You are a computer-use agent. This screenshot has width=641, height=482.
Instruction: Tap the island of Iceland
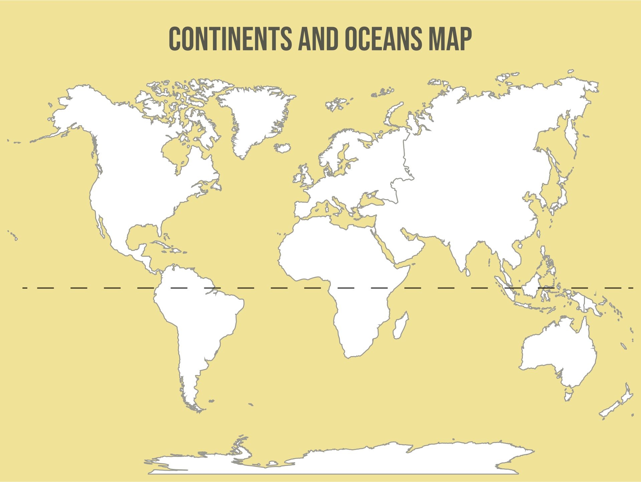[x=282, y=148]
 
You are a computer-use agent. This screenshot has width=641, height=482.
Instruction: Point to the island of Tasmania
[x=569, y=394]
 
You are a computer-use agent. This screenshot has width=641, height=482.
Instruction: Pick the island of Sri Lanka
[x=468, y=272]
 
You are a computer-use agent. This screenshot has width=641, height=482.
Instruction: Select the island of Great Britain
[x=307, y=177]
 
